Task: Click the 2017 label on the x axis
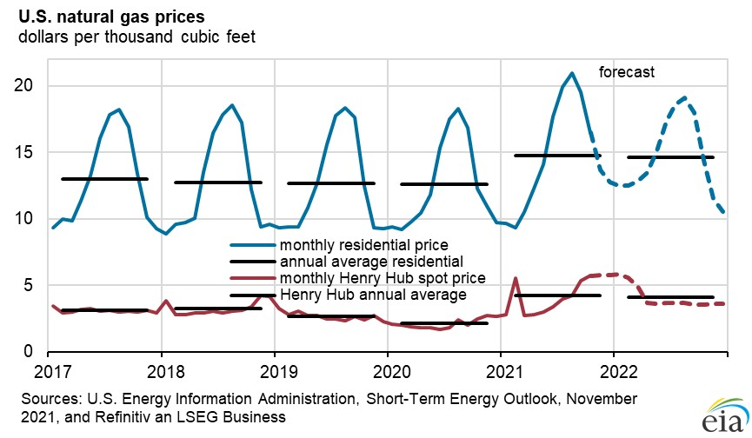50,372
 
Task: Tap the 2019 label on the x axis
275,372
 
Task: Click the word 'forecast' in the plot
626,72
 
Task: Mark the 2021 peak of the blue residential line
571,73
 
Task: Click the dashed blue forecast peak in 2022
685,97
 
